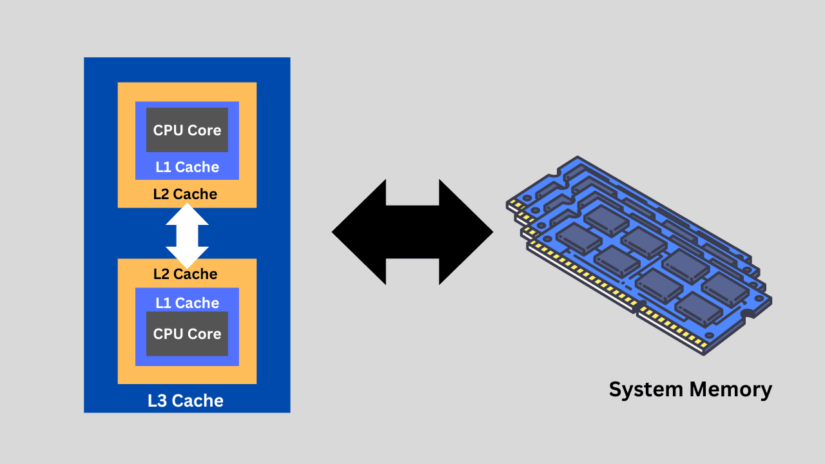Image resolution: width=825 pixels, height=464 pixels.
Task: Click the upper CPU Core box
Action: click(187, 130)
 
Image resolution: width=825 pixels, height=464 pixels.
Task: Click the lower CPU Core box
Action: click(187, 334)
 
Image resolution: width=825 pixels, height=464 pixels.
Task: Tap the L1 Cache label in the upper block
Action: click(187, 167)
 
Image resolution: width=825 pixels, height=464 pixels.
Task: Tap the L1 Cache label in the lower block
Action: click(187, 302)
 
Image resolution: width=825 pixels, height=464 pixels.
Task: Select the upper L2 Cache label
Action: click(185, 194)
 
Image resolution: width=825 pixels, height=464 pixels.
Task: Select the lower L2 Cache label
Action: click(185, 274)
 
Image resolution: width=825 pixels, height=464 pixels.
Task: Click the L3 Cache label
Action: click(186, 401)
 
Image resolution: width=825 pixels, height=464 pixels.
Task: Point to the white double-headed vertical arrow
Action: click(187, 235)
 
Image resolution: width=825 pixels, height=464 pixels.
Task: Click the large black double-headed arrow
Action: click(412, 232)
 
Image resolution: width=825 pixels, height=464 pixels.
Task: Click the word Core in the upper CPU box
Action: click(204, 130)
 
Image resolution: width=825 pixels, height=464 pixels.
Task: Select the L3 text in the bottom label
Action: click(158, 401)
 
